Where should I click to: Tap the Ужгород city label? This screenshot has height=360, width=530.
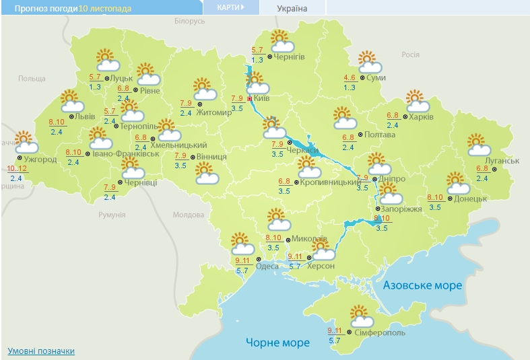[x=40, y=159]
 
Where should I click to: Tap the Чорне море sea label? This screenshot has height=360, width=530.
[x=277, y=343]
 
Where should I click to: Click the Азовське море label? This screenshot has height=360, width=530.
[x=422, y=285]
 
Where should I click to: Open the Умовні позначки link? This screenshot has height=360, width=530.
[x=41, y=351]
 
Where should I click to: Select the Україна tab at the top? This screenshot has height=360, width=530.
[x=292, y=8]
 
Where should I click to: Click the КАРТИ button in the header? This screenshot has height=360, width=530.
[x=230, y=7]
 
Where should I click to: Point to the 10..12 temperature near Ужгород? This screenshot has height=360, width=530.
[x=16, y=168]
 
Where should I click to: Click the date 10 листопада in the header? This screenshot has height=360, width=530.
[x=105, y=8]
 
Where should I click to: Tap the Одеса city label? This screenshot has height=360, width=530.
[x=268, y=266]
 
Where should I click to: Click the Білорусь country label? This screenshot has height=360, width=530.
[x=189, y=22]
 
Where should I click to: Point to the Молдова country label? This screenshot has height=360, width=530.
[x=188, y=215]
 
